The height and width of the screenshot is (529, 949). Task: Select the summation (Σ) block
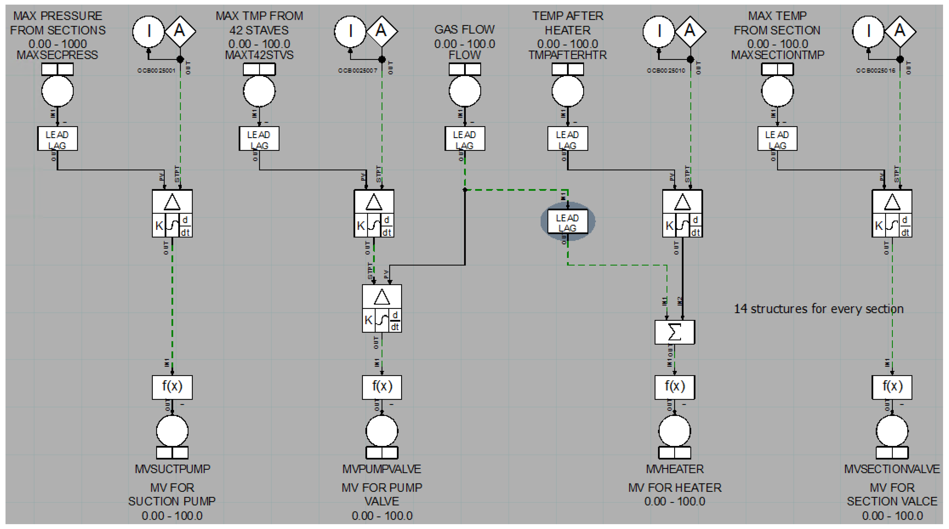(675, 332)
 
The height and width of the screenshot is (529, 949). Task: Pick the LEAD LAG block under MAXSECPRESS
(57, 139)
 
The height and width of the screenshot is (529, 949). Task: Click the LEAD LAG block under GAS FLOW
(465, 139)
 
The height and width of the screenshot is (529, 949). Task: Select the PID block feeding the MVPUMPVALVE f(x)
(382, 309)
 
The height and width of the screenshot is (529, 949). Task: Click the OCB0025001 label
(156, 70)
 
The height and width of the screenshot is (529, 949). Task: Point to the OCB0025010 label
(666, 70)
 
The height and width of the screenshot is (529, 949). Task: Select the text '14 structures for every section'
(819, 309)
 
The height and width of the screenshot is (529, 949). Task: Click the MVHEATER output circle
(675, 431)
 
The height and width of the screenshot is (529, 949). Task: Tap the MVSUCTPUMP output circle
(172, 431)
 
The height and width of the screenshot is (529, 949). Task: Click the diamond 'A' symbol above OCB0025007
(382, 31)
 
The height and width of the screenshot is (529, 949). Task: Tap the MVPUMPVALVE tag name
(382, 469)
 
